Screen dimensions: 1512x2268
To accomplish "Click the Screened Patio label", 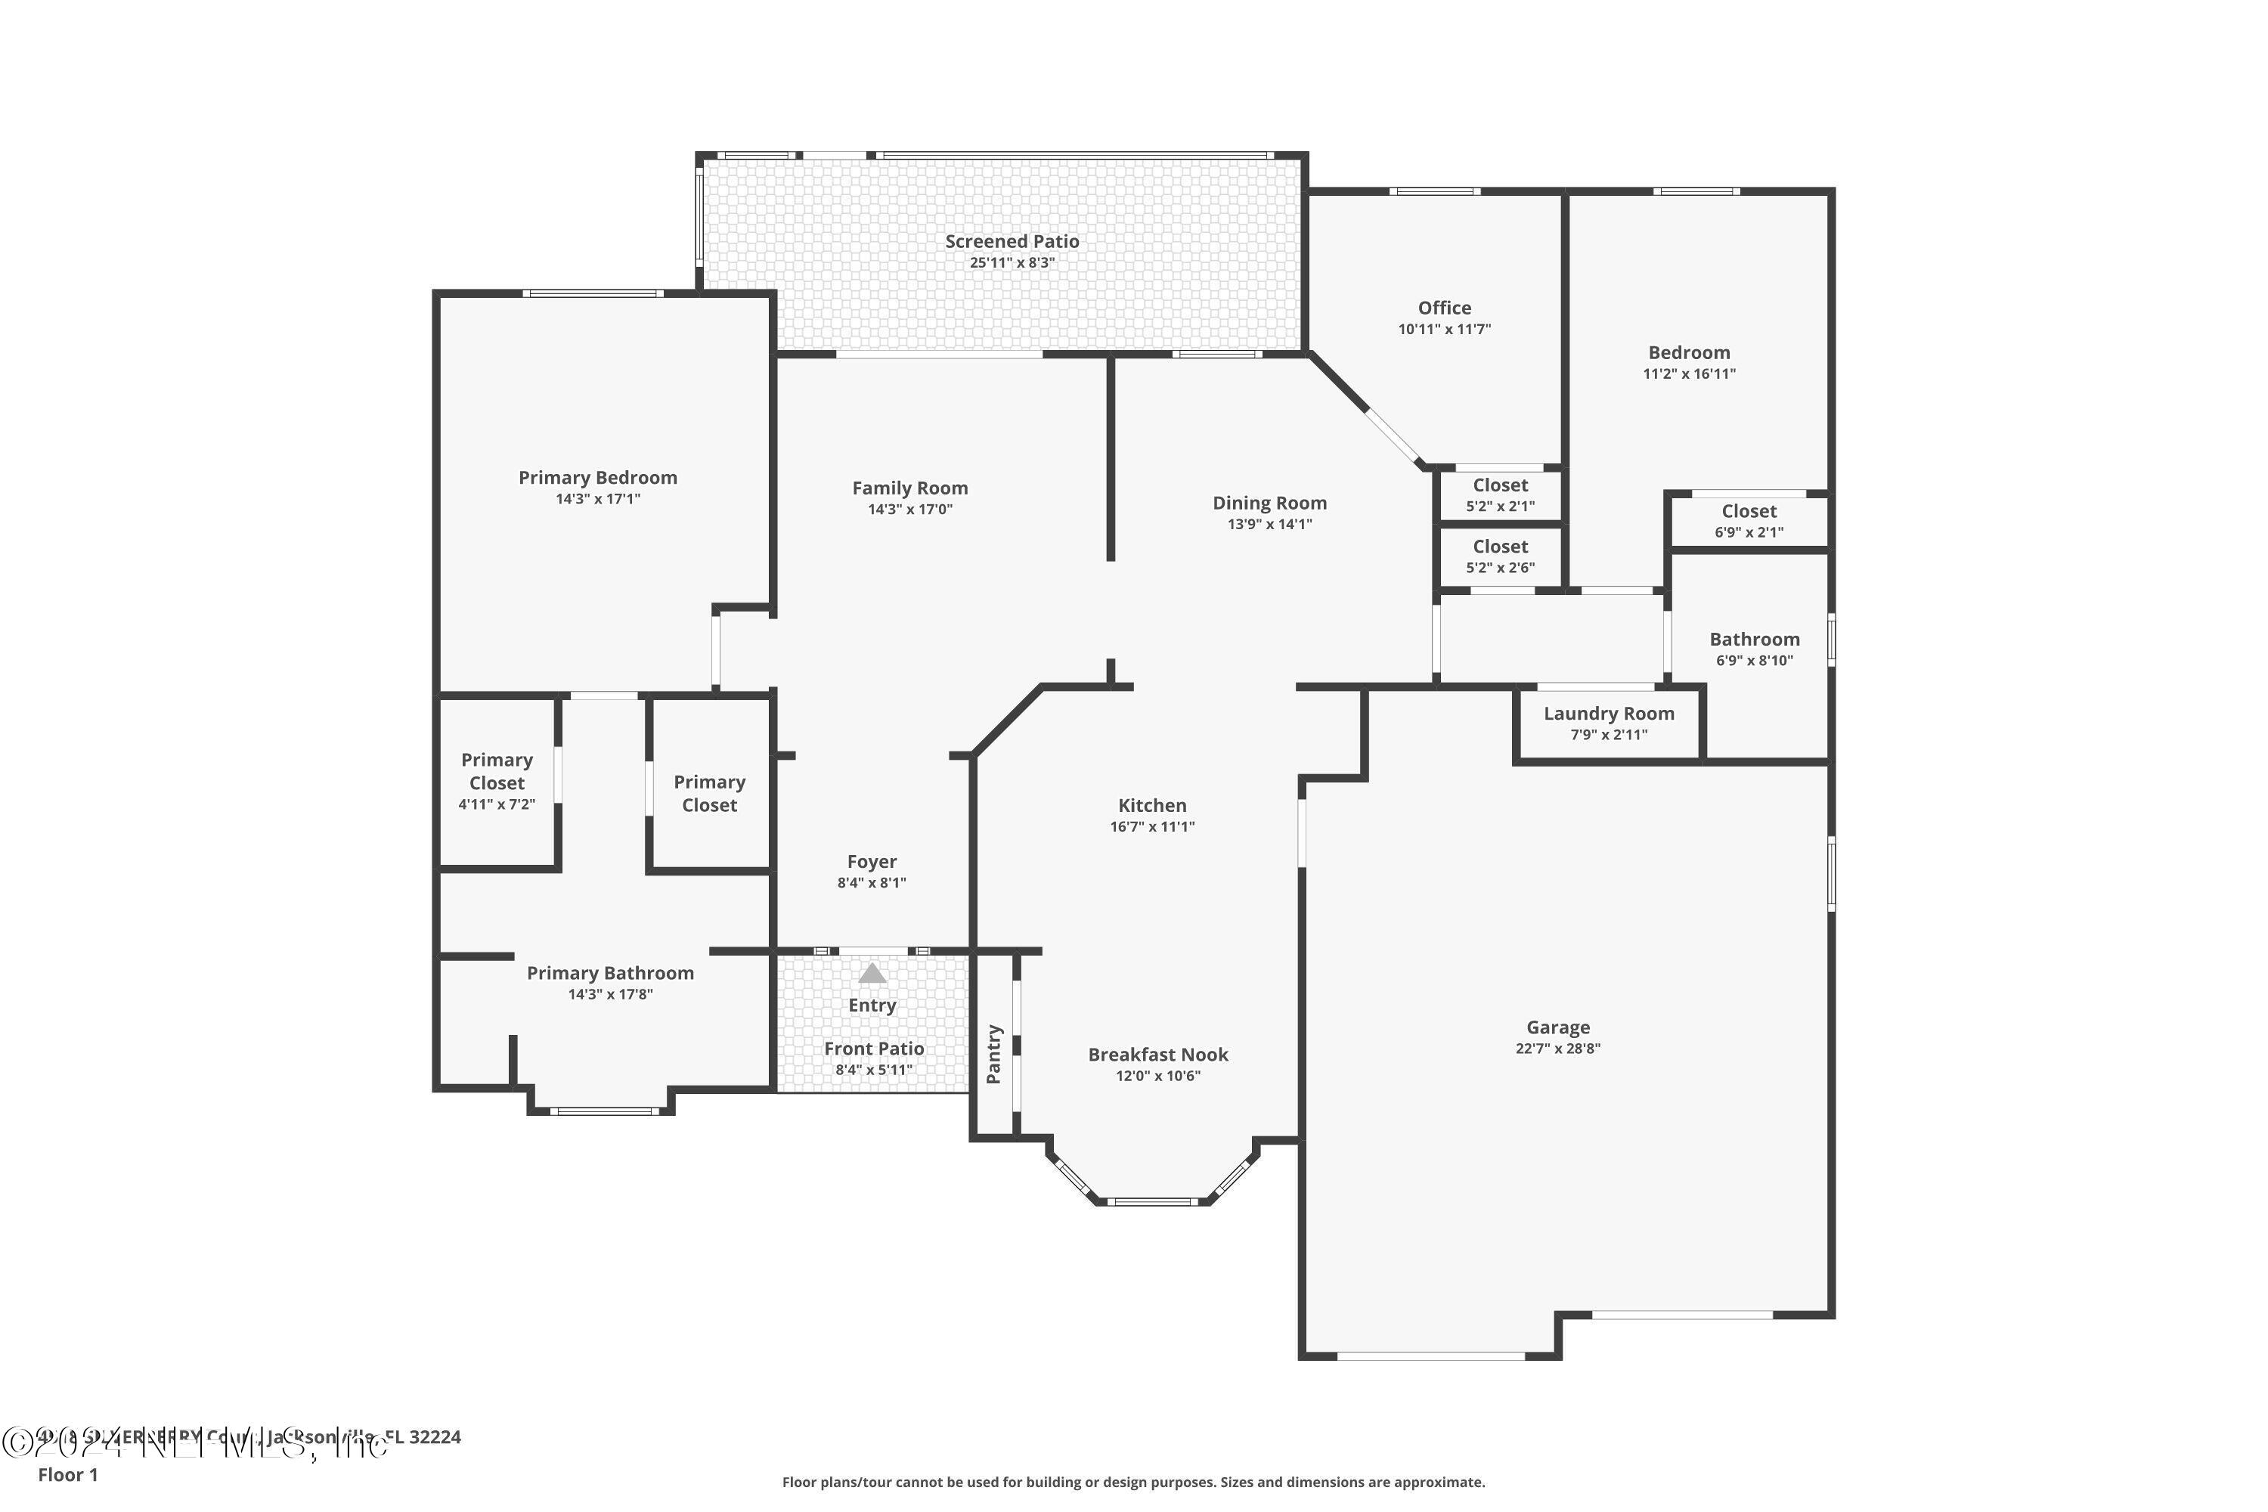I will [x=1012, y=242].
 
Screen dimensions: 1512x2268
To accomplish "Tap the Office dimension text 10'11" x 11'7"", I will [x=1443, y=330].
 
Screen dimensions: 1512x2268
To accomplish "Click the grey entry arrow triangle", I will [x=872, y=973].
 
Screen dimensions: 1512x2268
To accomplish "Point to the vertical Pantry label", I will [x=994, y=1054].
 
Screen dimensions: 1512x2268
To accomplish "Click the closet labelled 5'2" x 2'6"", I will [x=1499, y=556].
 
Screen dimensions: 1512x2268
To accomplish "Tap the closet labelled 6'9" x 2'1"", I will [x=1748, y=521].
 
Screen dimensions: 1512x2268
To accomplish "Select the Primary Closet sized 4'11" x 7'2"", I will [x=497, y=781].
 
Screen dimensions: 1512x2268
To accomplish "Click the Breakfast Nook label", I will [x=1157, y=1055].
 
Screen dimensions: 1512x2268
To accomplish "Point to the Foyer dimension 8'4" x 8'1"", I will [x=871, y=883].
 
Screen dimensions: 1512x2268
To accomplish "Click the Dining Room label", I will [x=1269, y=503].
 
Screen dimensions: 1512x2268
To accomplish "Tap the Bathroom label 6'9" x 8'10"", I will [x=1754, y=649].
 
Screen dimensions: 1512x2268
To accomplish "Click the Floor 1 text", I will [x=67, y=1474].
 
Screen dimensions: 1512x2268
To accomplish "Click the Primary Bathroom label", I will [x=609, y=974].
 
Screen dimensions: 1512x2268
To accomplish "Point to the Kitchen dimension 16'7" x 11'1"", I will [x=1151, y=827].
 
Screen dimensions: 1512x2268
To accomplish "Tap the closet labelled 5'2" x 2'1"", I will [x=1499, y=494].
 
